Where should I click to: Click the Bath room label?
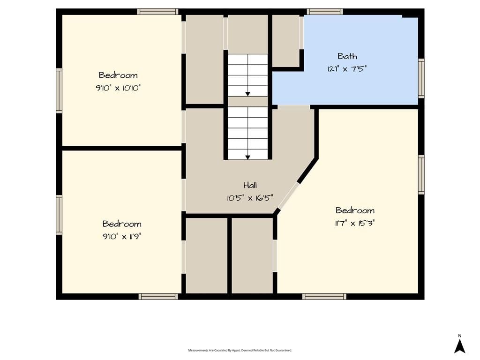347,56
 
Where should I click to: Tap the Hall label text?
250,185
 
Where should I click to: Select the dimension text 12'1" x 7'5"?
347,68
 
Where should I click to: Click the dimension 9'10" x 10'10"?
118,88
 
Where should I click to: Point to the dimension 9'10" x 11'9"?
122,236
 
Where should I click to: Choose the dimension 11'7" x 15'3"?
355,223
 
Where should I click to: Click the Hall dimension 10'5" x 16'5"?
250,198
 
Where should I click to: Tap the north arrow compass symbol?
459,345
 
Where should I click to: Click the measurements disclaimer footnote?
240,350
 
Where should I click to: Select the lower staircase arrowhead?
247,157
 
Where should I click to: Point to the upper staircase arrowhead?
247,94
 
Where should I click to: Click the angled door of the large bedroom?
288,196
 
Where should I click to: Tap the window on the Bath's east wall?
421,78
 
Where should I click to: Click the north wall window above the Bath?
325,12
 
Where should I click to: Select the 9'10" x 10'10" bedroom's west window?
59,90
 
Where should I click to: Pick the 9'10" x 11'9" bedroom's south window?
158,296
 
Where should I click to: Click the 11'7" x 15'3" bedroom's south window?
324,296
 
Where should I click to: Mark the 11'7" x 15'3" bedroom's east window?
421,174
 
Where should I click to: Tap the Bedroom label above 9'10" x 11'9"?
122,224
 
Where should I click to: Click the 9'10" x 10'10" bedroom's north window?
157,12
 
